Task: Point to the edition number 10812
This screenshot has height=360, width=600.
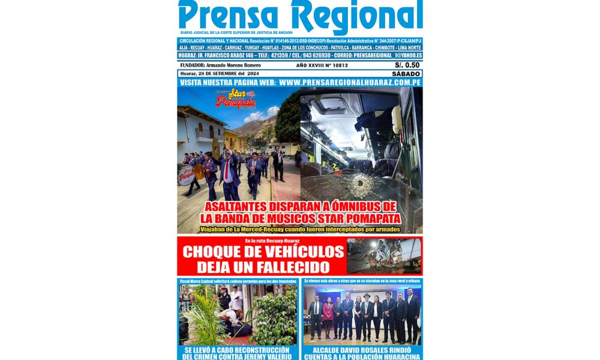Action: click(x=341, y=65)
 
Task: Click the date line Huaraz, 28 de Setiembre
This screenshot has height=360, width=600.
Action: click(x=212, y=74)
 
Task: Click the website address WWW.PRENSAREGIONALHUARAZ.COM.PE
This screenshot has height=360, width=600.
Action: click(x=349, y=82)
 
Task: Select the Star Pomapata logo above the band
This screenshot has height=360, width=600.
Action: click(x=235, y=98)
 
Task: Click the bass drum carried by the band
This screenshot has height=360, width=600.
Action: click(x=186, y=175)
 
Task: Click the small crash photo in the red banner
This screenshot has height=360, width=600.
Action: click(x=383, y=256)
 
